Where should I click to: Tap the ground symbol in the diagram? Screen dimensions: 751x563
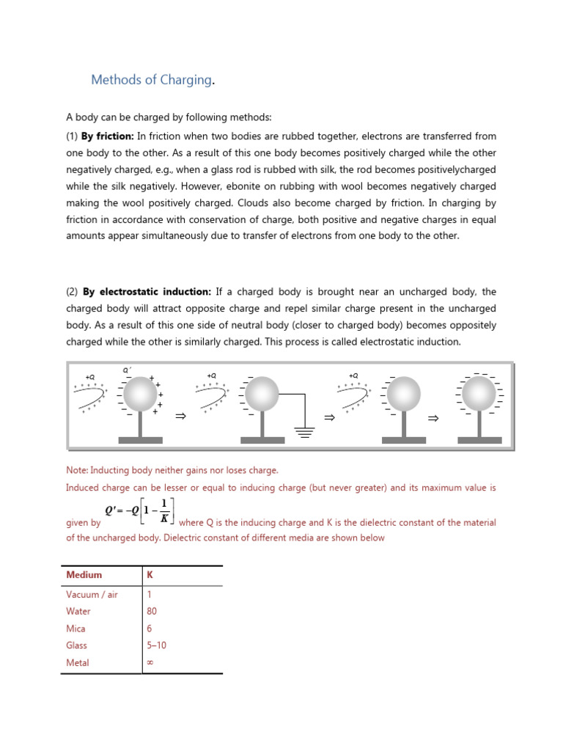(304, 429)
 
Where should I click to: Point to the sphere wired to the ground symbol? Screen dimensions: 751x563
(262, 395)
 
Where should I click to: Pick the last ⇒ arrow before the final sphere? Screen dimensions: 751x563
(433, 418)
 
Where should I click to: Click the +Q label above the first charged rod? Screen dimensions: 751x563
(90, 376)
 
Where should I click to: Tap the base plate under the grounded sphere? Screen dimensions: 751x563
(262, 440)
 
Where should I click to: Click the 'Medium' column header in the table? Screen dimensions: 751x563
(84, 576)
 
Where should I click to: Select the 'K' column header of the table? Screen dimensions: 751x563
(150, 576)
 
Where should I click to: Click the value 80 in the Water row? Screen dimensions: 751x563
(152, 611)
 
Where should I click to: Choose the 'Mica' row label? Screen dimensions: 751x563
(76, 629)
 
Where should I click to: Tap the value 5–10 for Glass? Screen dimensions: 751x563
(158, 645)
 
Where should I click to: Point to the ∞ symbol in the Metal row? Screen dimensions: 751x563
(150, 663)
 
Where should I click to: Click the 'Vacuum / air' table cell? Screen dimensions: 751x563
(92, 594)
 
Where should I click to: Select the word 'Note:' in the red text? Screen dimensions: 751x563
(77, 470)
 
